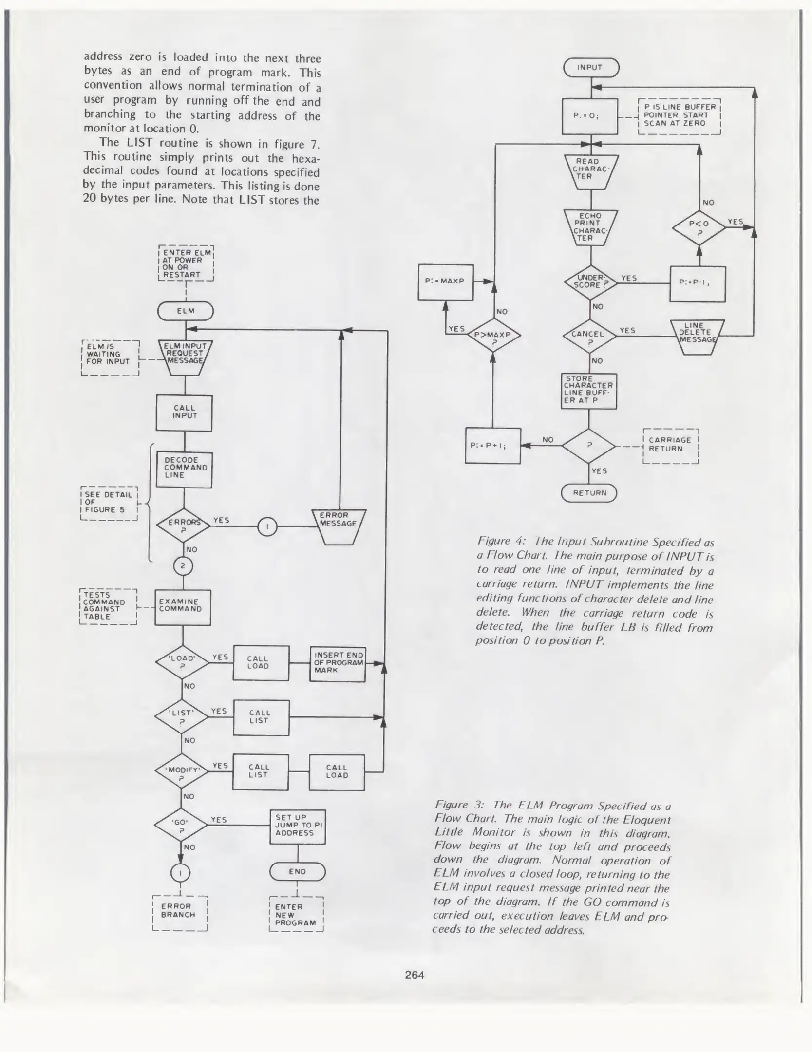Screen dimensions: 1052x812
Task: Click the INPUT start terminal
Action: click(591, 68)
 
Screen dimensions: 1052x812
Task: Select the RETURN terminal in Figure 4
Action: click(589, 493)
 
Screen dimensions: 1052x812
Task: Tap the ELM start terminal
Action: click(185, 311)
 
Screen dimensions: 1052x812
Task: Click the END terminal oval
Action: click(297, 871)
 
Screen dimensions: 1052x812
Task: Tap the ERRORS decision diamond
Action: click(184, 525)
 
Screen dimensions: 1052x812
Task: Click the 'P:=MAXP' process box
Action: click(446, 282)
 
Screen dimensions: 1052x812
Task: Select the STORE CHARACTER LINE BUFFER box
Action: click(588, 391)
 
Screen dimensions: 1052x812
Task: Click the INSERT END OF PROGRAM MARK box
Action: click(338, 663)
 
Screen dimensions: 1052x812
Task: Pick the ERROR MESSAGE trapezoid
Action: click(339, 526)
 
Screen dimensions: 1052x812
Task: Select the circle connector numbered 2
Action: click(183, 566)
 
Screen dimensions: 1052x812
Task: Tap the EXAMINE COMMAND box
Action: click(183, 607)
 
